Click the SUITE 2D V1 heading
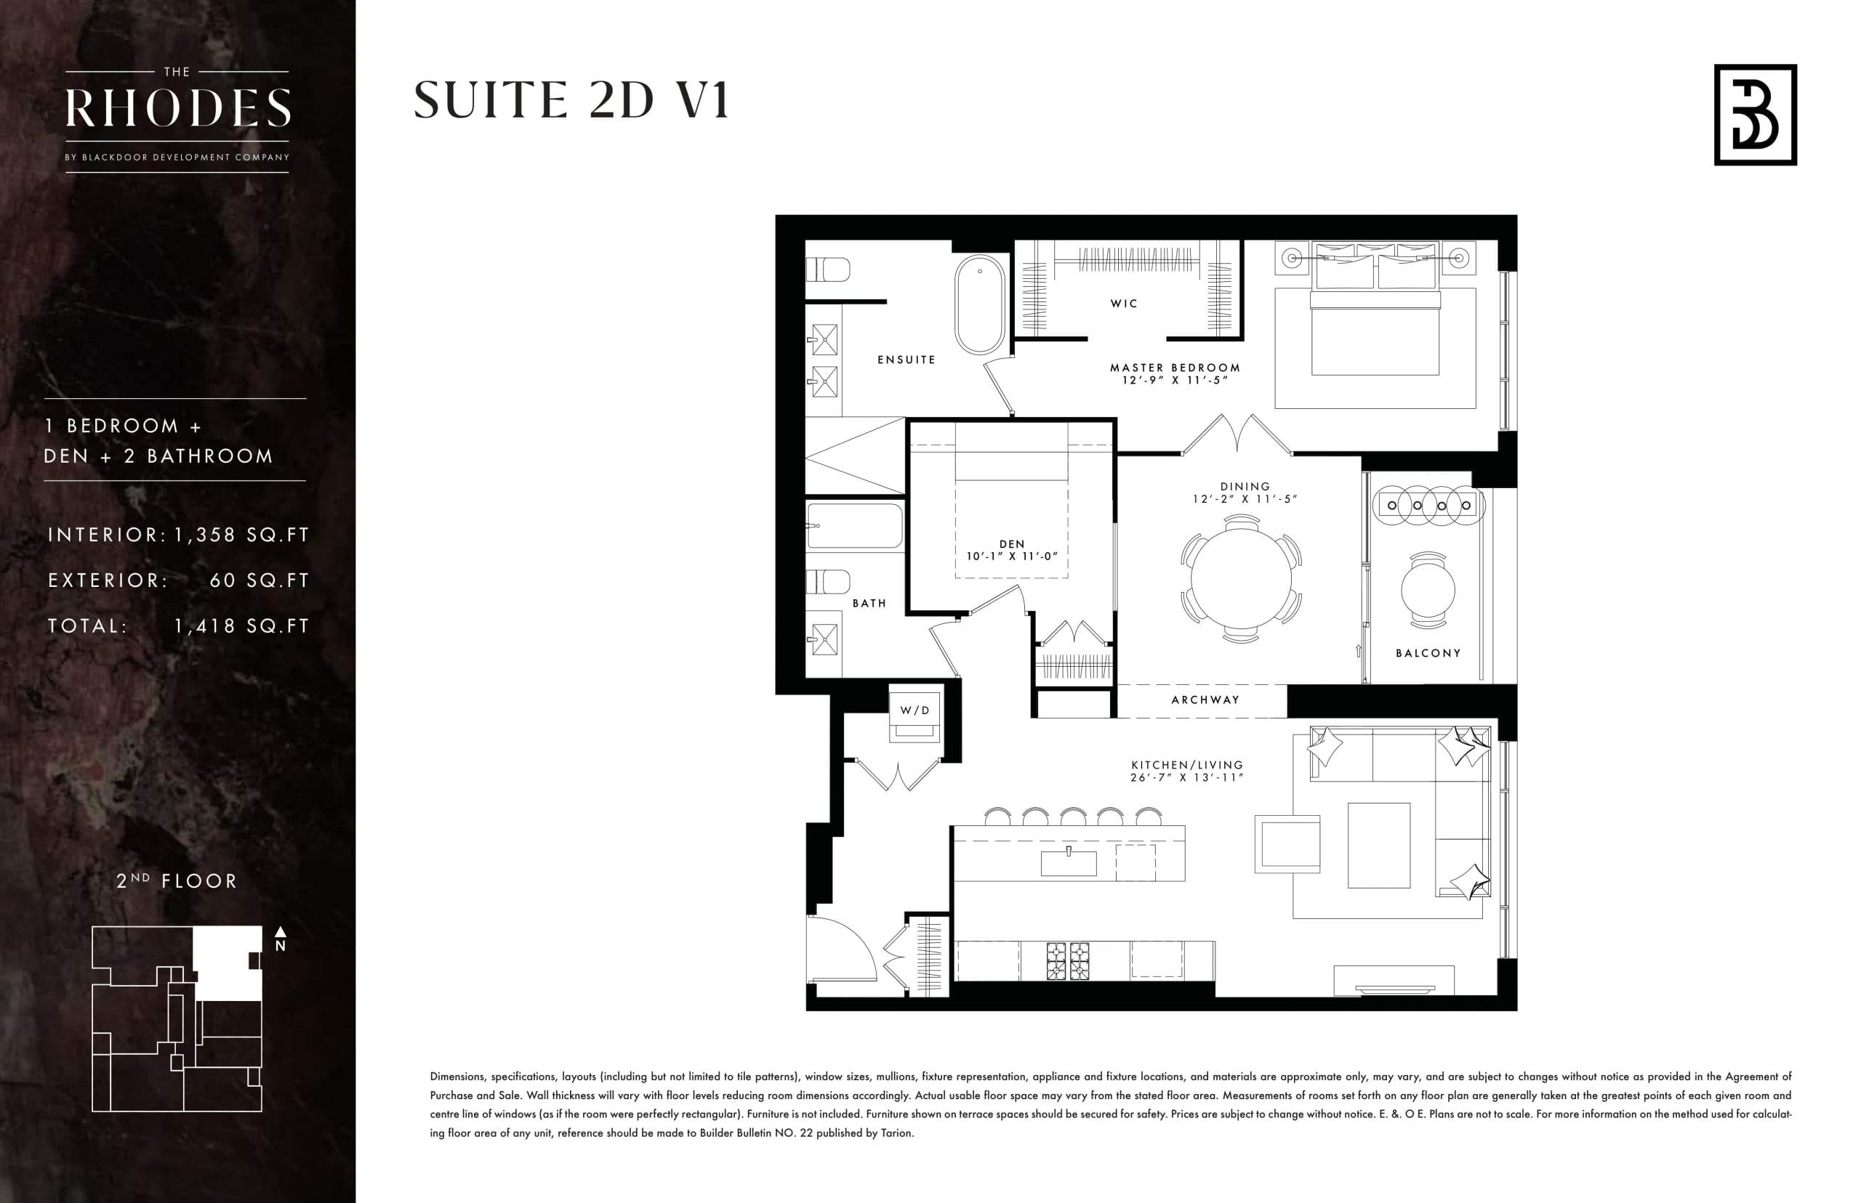571,101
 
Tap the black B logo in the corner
1755,115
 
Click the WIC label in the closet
1124,304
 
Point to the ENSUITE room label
906,360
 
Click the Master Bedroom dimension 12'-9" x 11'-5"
1175,381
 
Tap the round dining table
1240,579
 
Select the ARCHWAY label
1205,700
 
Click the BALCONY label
1428,653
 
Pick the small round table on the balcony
1428,590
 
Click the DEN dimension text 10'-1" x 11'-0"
1011,556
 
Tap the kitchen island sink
1068,862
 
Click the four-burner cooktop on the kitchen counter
1068,961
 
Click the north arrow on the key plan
281,937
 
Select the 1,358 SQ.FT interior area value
241,535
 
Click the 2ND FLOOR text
177,881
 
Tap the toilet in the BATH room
828,582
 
